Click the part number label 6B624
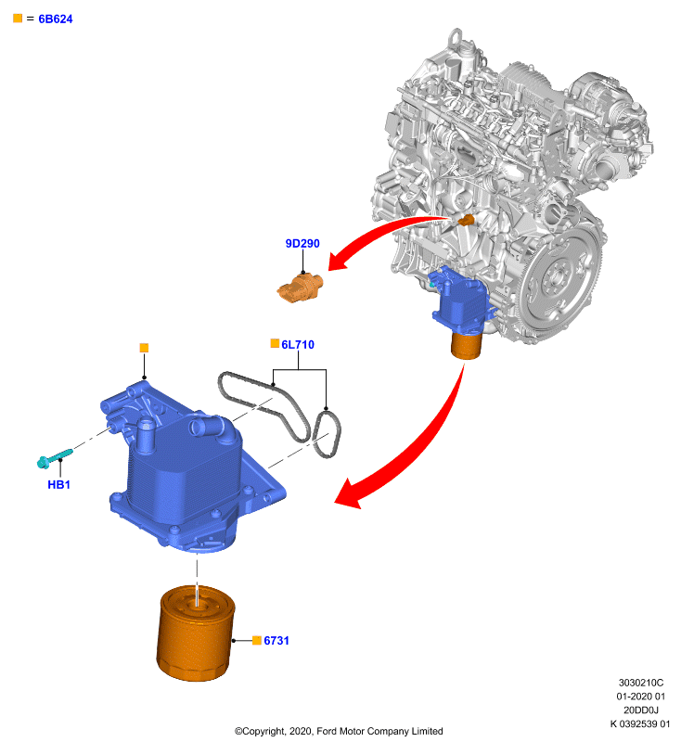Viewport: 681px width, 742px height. (x=56, y=19)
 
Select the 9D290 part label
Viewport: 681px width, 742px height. (x=302, y=243)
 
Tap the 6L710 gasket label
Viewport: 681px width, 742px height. (x=298, y=344)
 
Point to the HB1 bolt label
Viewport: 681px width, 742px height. (x=59, y=484)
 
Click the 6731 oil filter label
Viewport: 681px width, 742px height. (x=276, y=640)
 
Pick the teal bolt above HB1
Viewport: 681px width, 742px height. (x=55, y=458)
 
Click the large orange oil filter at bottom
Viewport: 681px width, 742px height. (x=196, y=633)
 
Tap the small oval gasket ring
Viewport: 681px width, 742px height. (x=326, y=434)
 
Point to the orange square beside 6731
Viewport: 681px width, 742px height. (x=257, y=640)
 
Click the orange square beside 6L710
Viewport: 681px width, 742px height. (x=275, y=343)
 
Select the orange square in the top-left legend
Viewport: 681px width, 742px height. (x=18, y=19)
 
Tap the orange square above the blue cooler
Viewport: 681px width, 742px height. (x=145, y=348)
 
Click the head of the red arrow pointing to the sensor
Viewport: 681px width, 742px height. (x=339, y=261)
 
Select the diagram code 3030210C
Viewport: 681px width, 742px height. (x=641, y=683)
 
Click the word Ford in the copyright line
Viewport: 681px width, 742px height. (x=327, y=731)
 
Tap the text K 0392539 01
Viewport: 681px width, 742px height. (x=640, y=723)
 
